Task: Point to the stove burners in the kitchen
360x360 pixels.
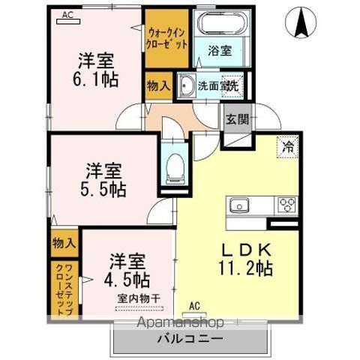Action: coord(287,203)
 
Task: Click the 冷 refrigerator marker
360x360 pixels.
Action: coord(287,148)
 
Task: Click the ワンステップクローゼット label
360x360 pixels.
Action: coord(64,286)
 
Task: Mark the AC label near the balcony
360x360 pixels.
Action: coord(195,306)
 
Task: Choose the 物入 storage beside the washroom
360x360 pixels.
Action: coord(157,86)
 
